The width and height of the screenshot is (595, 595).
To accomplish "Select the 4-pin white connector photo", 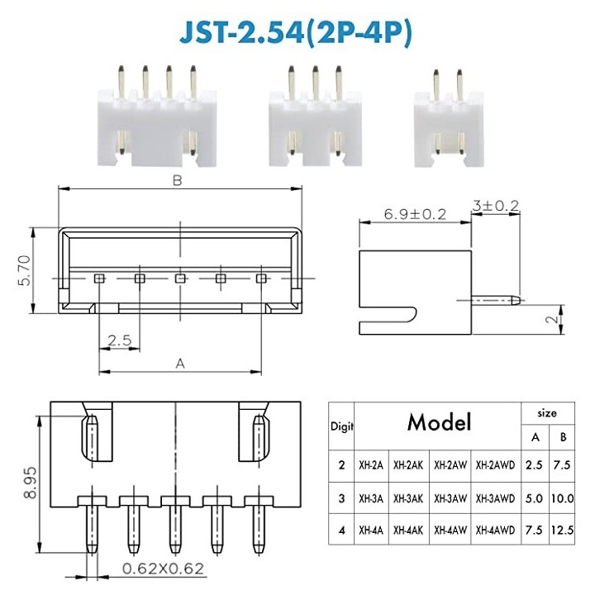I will (156, 116).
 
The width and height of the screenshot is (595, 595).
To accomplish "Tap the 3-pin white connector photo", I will (315, 116).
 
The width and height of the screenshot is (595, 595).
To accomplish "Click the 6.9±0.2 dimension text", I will (414, 213).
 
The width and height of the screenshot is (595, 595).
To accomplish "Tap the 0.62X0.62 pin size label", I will (164, 569).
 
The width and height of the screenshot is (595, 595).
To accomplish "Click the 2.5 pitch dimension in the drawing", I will (119, 340).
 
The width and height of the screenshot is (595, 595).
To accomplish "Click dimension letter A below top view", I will (180, 363).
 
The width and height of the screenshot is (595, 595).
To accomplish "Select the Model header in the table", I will (438, 423).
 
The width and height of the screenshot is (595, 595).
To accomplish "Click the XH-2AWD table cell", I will (495, 464).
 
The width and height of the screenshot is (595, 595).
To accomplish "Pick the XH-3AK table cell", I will (412, 499).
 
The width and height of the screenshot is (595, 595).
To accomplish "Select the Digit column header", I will (341, 426).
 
